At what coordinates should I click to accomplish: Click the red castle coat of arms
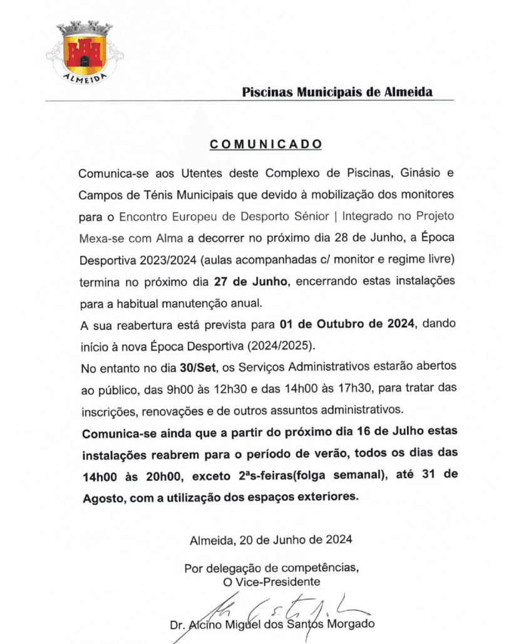[x=85, y=52]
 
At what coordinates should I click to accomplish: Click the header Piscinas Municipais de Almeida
[x=338, y=92]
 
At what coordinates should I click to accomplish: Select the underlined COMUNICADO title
[x=266, y=144]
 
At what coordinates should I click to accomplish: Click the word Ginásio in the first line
[x=403, y=172]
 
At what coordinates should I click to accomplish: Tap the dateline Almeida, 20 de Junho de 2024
[x=271, y=540]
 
